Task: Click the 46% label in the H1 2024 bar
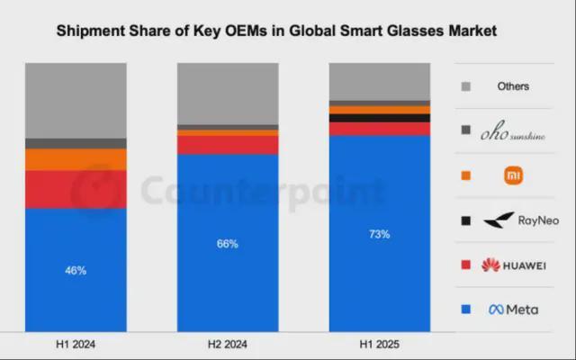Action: tap(76, 270)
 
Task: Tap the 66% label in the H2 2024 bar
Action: tap(228, 243)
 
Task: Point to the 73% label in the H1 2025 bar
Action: tap(379, 234)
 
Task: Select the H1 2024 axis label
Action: tap(76, 345)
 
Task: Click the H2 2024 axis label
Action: tap(228, 345)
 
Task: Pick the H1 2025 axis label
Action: tap(379, 345)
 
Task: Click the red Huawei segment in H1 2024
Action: tap(76, 189)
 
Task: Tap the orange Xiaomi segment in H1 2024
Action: tap(76, 159)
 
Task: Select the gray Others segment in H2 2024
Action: tap(228, 94)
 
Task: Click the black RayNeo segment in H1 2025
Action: tap(379, 118)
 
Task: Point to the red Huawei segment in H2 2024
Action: tap(228, 145)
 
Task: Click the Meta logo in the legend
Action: tap(513, 310)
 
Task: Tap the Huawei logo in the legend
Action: tap(513, 265)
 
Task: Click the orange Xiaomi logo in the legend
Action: tap(514, 175)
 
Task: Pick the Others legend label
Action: tap(513, 86)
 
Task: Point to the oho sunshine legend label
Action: tap(513, 131)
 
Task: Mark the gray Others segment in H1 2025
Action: tap(379, 82)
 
